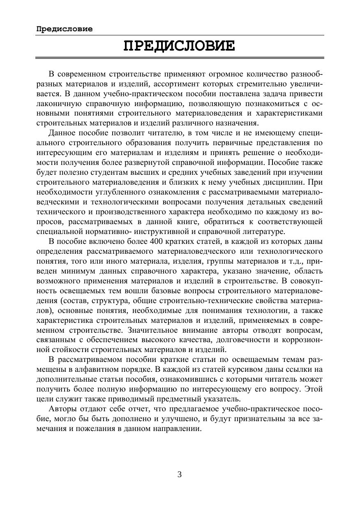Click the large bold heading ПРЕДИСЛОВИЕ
coord(180,46)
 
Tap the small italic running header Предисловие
coord(64,29)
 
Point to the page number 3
coord(180,474)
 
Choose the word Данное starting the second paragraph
coord(61,133)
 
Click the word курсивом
coord(262,369)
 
